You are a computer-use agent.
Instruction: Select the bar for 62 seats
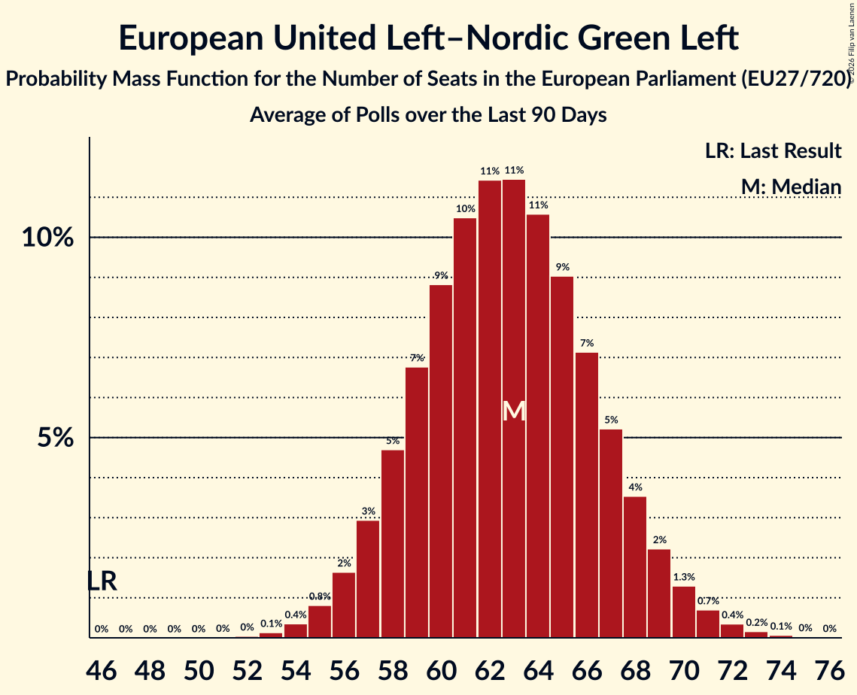(x=490, y=409)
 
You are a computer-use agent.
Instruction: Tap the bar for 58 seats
(x=393, y=544)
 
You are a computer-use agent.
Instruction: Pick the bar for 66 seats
(x=587, y=495)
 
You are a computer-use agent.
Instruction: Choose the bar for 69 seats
(x=659, y=593)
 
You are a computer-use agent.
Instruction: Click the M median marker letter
(x=514, y=411)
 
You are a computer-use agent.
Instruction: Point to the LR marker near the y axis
(x=102, y=581)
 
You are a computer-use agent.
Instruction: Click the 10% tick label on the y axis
(x=47, y=238)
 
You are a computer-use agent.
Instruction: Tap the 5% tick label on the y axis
(x=55, y=438)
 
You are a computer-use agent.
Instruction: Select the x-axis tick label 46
(x=102, y=670)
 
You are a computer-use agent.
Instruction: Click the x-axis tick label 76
(x=829, y=670)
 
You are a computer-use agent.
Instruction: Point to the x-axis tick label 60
(x=441, y=670)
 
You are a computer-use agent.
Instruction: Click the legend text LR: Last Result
(x=773, y=150)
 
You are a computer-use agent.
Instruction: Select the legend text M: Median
(x=791, y=187)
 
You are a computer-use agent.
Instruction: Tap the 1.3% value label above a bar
(x=684, y=577)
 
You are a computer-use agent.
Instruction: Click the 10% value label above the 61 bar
(x=465, y=208)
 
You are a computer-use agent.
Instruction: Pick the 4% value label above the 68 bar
(x=635, y=487)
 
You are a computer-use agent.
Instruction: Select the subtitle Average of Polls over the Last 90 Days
(x=429, y=115)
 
